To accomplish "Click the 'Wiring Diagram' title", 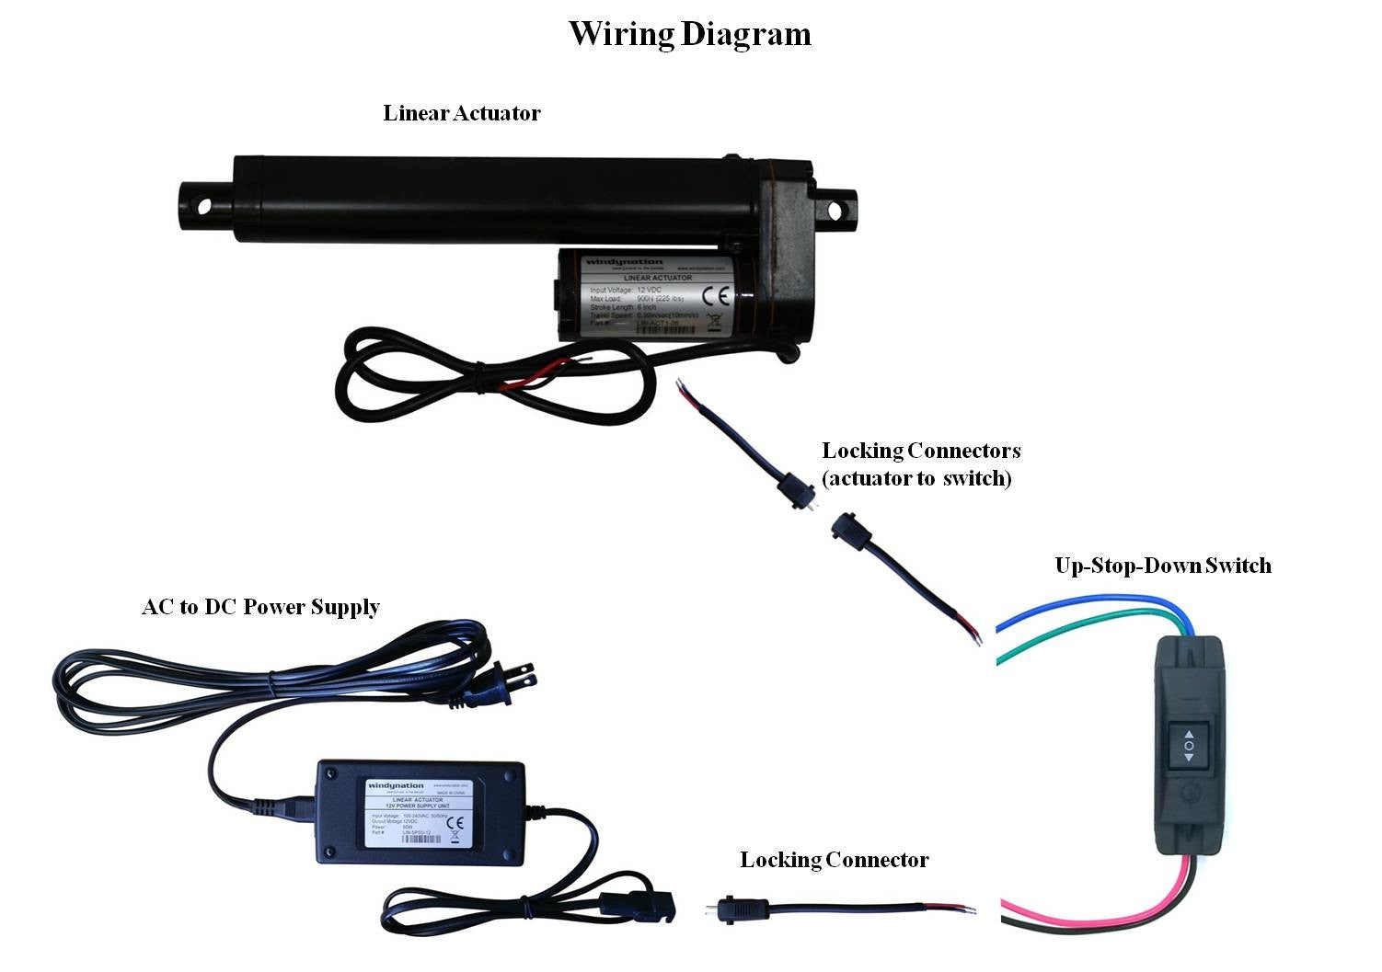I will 689,34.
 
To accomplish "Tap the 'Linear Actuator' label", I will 462,113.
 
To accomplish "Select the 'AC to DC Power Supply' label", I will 260,607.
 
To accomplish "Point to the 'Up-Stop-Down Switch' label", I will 1163,566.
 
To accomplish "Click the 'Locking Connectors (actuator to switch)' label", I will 921,464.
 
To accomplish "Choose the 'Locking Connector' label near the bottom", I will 835,860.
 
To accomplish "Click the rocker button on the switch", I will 1188,745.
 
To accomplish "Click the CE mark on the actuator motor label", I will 715,296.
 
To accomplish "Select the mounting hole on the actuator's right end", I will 835,211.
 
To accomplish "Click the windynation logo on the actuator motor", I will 612,264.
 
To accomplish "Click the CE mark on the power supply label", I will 454,823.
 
